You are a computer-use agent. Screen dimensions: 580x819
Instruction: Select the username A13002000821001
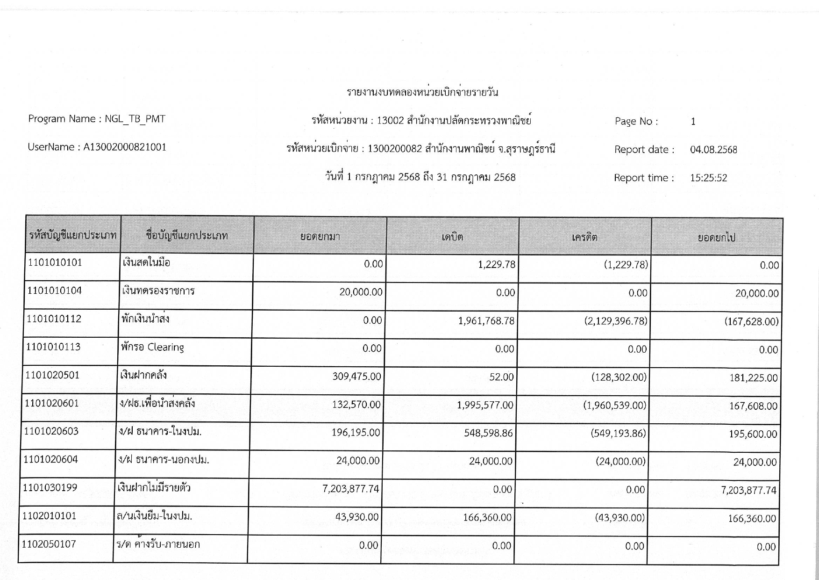click(x=125, y=147)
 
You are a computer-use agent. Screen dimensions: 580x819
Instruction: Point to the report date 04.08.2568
click(x=713, y=150)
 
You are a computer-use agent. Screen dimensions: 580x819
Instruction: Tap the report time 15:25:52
click(x=708, y=178)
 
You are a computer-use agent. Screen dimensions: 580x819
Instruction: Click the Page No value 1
click(x=693, y=122)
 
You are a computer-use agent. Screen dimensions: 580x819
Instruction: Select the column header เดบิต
click(x=452, y=237)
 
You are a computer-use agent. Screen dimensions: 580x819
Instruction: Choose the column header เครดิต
click(x=584, y=237)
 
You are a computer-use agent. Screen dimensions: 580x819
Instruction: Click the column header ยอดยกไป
click(x=717, y=238)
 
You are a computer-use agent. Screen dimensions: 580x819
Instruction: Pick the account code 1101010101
click(x=55, y=262)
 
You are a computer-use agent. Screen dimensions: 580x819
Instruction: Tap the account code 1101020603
click(x=51, y=431)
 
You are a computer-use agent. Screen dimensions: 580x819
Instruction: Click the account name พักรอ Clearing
click(x=152, y=347)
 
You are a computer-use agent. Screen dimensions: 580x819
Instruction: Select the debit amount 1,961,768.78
click(x=486, y=321)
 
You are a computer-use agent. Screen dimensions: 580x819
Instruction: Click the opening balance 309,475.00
click(x=356, y=377)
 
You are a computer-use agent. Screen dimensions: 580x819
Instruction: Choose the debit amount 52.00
click(x=501, y=377)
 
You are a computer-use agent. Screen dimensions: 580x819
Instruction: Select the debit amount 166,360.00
click(x=487, y=518)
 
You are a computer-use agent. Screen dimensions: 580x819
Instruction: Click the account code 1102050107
click(x=49, y=544)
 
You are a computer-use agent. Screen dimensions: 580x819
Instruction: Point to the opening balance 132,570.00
click(x=356, y=405)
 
